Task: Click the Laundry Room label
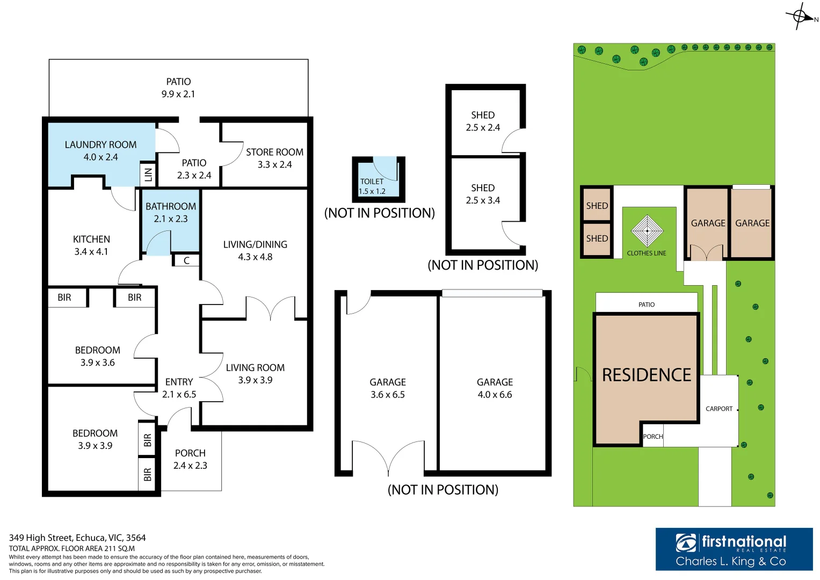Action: [100, 145]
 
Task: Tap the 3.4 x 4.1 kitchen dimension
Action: [91, 252]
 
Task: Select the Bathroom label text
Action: [171, 207]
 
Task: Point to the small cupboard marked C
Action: [186, 261]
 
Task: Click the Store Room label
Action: [274, 153]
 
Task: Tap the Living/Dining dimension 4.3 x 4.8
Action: [255, 257]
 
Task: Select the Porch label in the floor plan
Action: [190, 453]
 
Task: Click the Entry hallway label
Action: [179, 382]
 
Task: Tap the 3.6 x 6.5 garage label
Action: [387, 395]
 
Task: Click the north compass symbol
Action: [800, 16]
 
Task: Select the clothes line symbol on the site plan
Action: [647, 231]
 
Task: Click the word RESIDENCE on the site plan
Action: [647, 375]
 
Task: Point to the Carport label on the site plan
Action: [719, 409]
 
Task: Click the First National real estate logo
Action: [734, 549]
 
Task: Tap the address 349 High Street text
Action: [77, 538]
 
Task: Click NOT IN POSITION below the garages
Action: [443, 490]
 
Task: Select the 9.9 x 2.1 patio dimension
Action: [178, 95]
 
